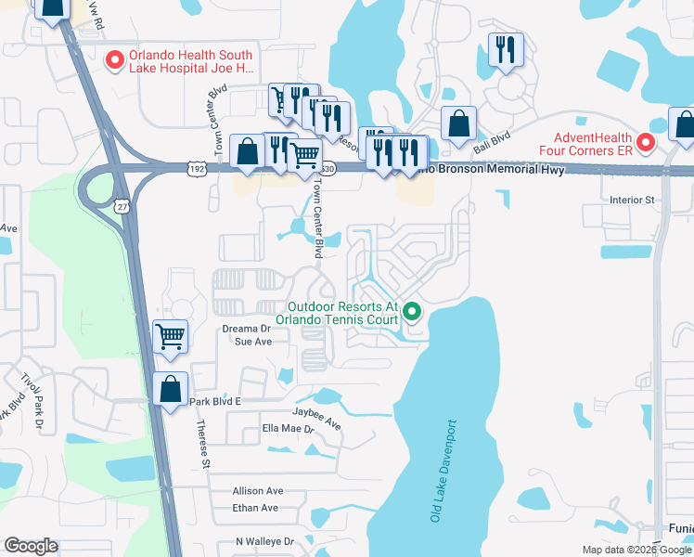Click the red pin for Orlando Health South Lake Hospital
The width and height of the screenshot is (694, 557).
point(116,60)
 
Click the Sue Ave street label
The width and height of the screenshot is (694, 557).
point(252,342)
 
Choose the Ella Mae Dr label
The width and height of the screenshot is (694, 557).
point(289,429)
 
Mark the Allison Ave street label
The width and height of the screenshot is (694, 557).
point(258,490)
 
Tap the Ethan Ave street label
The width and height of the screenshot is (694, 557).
point(255,508)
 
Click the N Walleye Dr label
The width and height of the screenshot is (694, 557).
point(264,541)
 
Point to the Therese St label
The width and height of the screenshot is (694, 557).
point(202,442)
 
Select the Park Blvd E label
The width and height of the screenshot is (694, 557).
point(214,402)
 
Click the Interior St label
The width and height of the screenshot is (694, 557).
point(633,200)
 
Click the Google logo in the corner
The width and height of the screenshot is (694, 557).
point(32,546)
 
